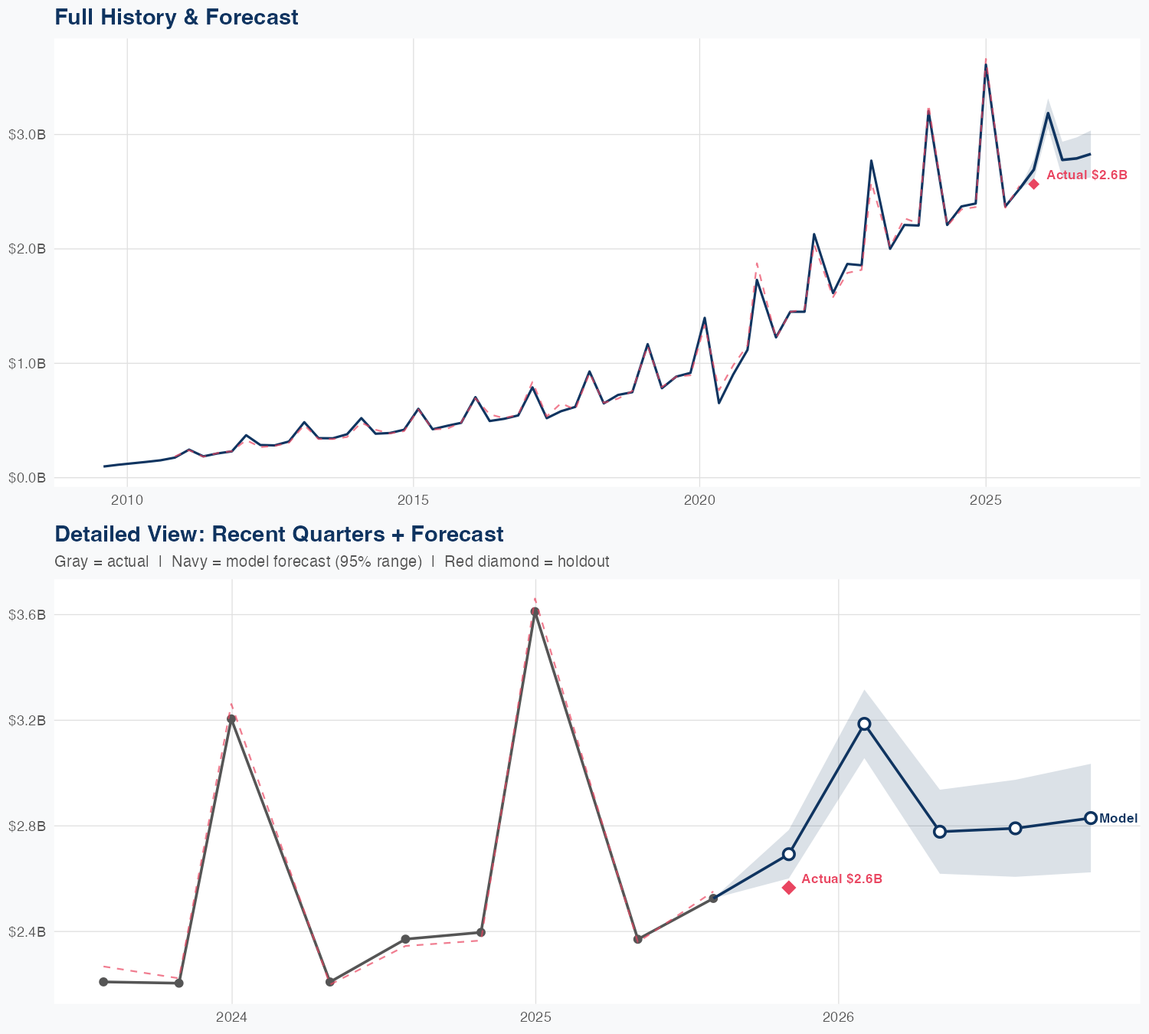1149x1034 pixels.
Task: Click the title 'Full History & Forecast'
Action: (x=176, y=17)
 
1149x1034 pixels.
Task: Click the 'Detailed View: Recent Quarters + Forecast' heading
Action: (x=279, y=534)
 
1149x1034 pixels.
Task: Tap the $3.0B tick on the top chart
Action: (x=27, y=135)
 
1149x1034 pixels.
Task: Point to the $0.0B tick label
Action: (x=27, y=478)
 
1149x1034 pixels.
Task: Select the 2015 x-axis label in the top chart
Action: (x=413, y=501)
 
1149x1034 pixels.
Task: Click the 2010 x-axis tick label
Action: (x=127, y=501)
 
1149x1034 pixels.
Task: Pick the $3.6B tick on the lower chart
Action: (x=27, y=615)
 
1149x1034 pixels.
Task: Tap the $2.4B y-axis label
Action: (x=27, y=932)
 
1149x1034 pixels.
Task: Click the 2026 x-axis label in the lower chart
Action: (x=838, y=1018)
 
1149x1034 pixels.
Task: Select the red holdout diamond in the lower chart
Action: (x=789, y=888)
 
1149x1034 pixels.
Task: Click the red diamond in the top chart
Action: (x=1033, y=184)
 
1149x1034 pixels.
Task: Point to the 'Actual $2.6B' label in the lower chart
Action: (x=842, y=879)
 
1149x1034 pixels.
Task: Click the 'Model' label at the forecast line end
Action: (x=1118, y=819)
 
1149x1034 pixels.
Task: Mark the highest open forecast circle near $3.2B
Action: (x=864, y=724)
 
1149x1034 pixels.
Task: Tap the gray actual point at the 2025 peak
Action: (x=535, y=611)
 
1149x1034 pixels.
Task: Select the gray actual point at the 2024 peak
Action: (x=231, y=718)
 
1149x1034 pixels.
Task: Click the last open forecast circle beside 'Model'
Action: (x=1091, y=818)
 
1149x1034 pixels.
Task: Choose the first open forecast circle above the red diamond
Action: (x=789, y=854)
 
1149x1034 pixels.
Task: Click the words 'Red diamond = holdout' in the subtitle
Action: (x=526, y=561)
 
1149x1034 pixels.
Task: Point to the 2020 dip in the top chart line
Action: (x=719, y=403)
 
